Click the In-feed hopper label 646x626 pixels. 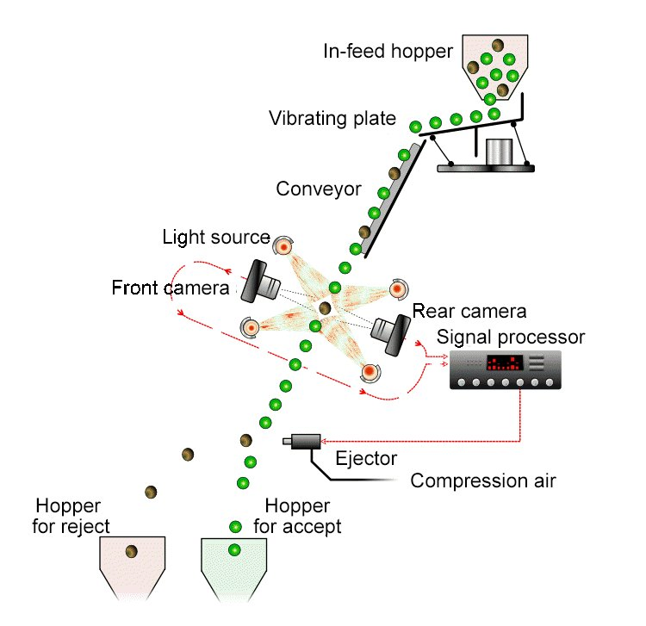[x=388, y=52]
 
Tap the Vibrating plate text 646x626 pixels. [x=332, y=119]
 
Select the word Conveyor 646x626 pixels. [x=319, y=189]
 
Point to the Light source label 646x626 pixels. [x=216, y=237]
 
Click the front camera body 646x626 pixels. [x=260, y=282]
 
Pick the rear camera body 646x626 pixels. [x=391, y=332]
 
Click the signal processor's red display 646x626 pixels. [x=505, y=363]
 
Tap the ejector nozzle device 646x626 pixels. [x=302, y=441]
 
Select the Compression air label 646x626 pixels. [x=483, y=481]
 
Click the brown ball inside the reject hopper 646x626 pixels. [x=132, y=551]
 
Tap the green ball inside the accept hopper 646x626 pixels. [x=234, y=550]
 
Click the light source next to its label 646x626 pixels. [x=283, y=246]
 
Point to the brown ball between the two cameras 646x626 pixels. [x=325, y=307]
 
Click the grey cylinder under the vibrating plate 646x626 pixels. [x=500, y=152]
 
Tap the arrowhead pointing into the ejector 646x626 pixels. [x=324, y=442]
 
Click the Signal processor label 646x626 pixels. [x=511, y=338]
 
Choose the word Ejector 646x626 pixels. [x=366, y=458]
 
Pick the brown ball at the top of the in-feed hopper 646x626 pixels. [x=498, y=45]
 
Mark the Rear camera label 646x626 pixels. [x=469, y=312]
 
